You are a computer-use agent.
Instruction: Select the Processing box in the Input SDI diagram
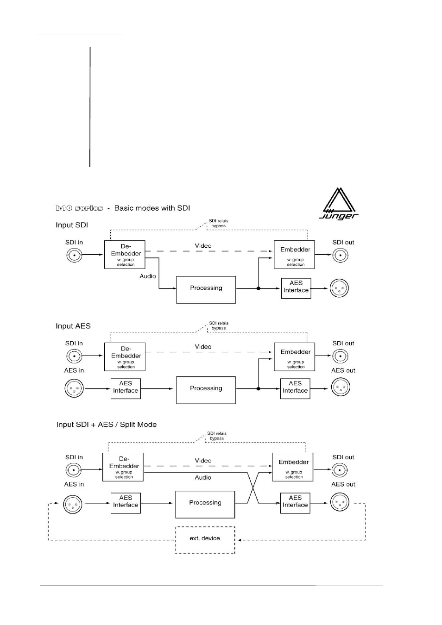click(x=206, y=289)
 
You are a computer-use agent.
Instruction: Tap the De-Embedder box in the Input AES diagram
click(x=125, y=356)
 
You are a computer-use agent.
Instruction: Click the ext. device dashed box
click(x=205, y=539)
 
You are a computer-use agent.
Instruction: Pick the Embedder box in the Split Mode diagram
click(x=293, y=467)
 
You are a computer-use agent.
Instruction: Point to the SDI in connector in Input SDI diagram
click(x=74, y=255)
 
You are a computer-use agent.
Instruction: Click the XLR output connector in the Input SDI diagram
click(x=339, y=288)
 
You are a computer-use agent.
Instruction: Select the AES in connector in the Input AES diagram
click(x=74, y=388)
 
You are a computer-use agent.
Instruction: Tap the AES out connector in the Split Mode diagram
click(x=340, y=502)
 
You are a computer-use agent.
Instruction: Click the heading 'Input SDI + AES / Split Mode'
click(x=107, y=425)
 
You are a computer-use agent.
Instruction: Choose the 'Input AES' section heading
click(x=73, y=326)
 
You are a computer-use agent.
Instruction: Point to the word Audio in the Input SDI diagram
click(x=148, y=276)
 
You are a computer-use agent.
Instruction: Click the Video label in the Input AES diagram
click(x=203, y=347)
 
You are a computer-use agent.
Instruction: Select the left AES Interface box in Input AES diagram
click(x=126, y=388)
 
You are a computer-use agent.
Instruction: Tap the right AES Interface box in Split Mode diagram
click(x=295, y=502)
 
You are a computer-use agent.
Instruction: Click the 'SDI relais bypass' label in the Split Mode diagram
click(x=217, y=436)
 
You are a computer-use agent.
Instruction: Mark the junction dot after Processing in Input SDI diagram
click(x=258, y=288)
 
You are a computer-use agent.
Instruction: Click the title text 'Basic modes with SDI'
click(x=152, y=208)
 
